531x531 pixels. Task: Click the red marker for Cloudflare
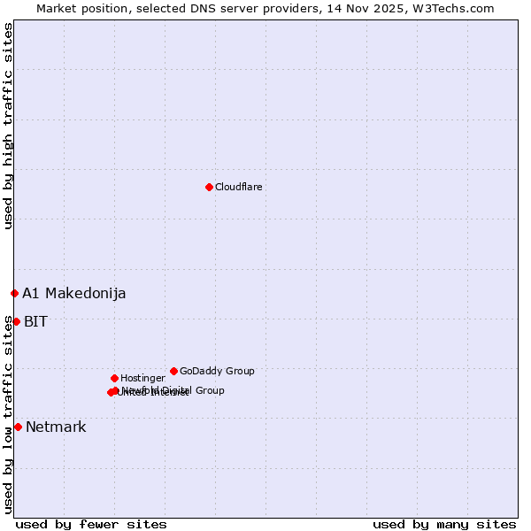pyautogui.click(x=209, y=187)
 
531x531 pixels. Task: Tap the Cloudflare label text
pyautogui.click(x=238, y=188)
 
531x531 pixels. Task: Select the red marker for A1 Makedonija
pyautogui.click(x=14, y=293)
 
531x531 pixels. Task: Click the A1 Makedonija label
pyautogui.click(x=73, y=294)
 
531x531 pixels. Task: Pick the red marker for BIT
pyautogui.click(x=16, y=321)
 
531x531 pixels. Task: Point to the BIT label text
pyautogui.click(x=35, y=322)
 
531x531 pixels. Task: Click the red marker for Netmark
pyautogui.click(x=18, y=427)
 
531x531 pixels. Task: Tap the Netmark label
pyautogui.click(x=56, y=427)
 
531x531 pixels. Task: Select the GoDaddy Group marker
pyautogui.click(x=173, y=371)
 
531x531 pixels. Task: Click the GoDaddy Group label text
pyautogui.click(x=217, y=372)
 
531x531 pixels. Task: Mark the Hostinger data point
pyautogui.click(x=114, y=378)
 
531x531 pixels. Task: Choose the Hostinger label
pyautogui.click(x=142, y=379)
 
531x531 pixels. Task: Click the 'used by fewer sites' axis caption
pyautogui.click(x=91, y=524)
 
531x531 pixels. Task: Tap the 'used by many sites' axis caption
pyautogui.click(x=444, y=524)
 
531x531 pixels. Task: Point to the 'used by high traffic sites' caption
pyautogui.click(x=8, y=126)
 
